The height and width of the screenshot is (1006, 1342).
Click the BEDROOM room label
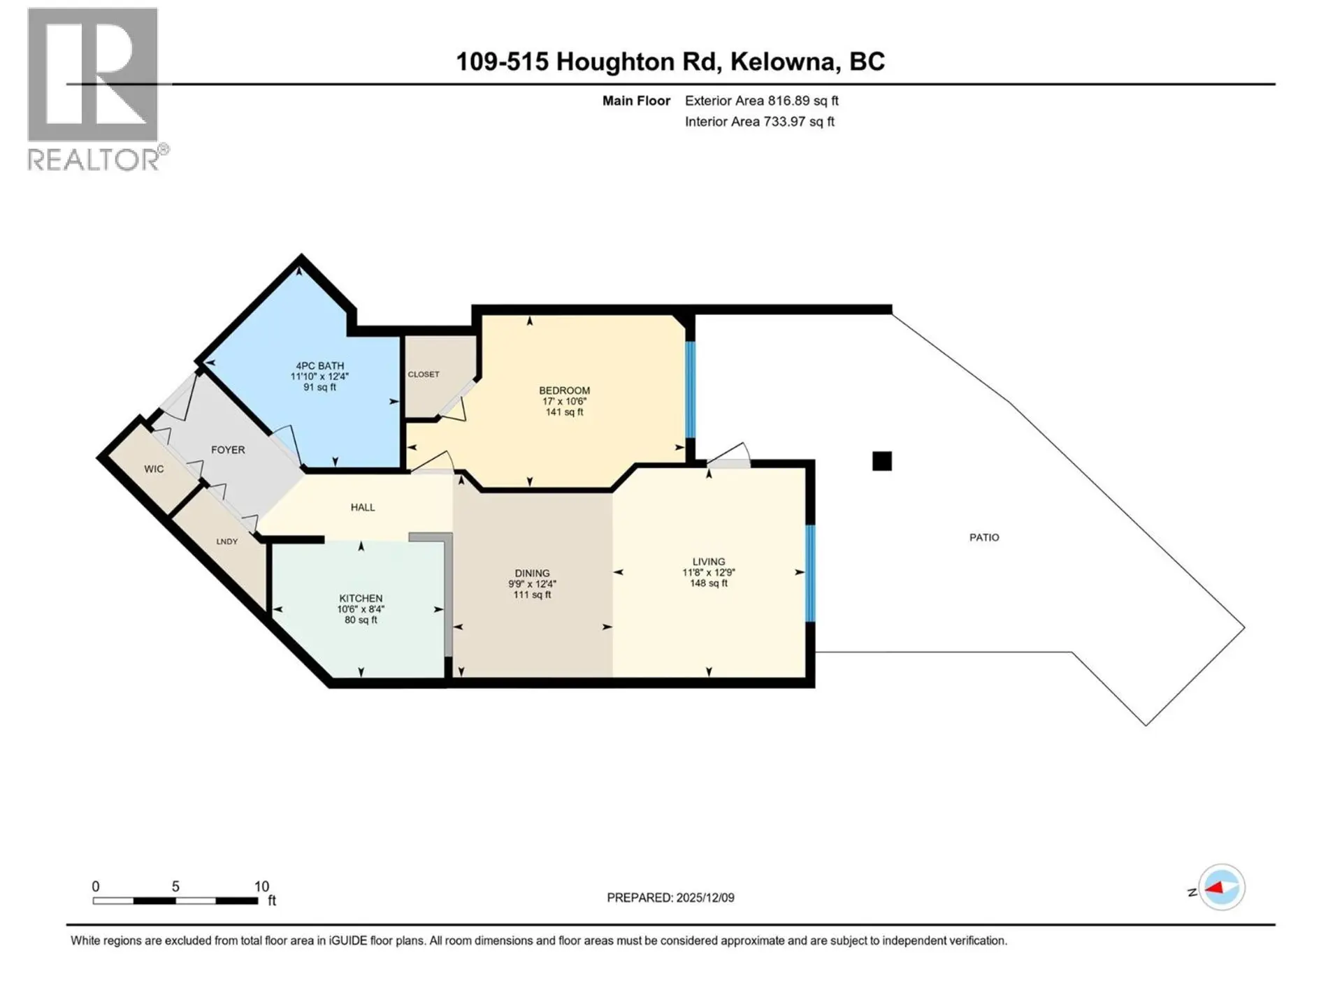[x=564, y=391]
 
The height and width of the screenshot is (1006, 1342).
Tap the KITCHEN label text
[x=361, y=598]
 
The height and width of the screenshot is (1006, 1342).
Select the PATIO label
[x=984, y=537]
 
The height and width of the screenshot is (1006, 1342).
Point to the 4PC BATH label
[x=319, y=365]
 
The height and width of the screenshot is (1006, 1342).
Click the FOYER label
[x=228, y=450]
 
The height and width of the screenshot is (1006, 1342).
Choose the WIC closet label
[x=154, y=469]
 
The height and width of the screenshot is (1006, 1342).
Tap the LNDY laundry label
[x=226, y=541]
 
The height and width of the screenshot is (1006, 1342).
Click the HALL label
[x=363, y=507]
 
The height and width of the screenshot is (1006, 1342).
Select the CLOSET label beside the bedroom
[x=424, y=374]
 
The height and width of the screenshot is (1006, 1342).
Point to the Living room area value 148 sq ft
[x=709, y=583]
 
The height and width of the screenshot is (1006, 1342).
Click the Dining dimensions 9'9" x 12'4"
[x=532, y=584]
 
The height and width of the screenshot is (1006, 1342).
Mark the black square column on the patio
[x=882, y=461]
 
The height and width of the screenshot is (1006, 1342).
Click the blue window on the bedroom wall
[x=691, y=389]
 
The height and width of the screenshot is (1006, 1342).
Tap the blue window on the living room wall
[x=810, y=573]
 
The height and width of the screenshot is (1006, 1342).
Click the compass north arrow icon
[x=1221, y=888]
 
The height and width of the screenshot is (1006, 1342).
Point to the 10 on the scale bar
[x=261, y=887]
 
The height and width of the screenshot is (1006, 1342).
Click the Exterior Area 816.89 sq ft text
[x=761, y=101]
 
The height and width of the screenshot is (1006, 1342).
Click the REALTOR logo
[x=94, y=89]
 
